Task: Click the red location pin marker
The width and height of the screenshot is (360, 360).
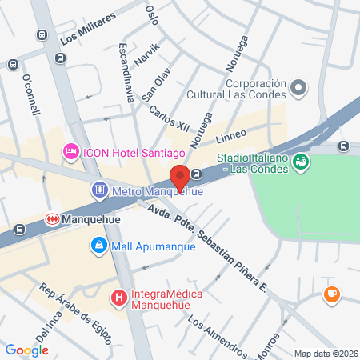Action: pyautogui.click(x=180, y=176)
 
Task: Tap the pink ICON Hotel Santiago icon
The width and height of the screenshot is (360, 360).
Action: pyautogui.click(x=70, y=151)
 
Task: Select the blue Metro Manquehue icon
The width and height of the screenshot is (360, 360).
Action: pyautogui.click(x=99, y=190)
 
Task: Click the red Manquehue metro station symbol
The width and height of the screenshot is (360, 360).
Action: pyautogui.click(x=52, y=218)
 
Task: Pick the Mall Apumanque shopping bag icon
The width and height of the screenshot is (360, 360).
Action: pyautogui.click(x=98, y=244)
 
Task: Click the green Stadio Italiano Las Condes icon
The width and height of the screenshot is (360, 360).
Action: pyautogui.click(x=301, y=162)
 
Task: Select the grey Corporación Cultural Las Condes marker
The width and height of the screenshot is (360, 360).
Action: pyautogui.click(x=298, y=87)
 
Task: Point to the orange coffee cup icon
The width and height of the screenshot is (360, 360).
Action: pyautogui.click(x=330, y=295)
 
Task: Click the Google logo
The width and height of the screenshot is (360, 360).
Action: pyautogui.click(x=27, y=350)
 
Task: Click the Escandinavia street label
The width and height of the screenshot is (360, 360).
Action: pyautogui.click(x=126, y=73)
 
